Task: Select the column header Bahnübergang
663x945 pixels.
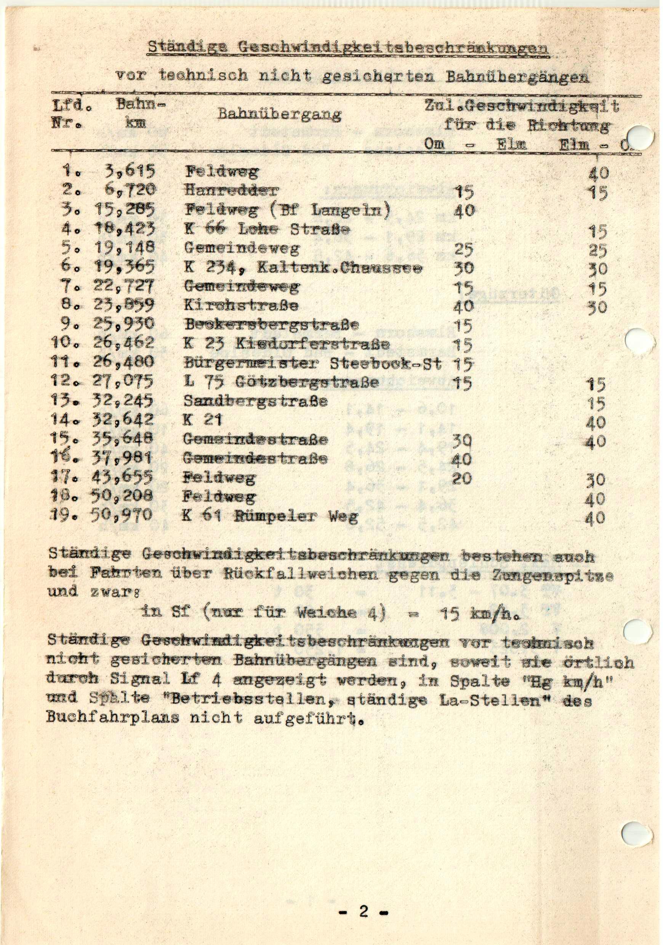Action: pos(279,114)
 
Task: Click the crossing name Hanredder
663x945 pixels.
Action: pos(231,190)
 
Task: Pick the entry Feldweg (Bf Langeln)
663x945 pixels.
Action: pos(287,210)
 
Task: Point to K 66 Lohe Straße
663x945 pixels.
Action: pos(267,229)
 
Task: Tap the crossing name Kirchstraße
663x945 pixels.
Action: pos(241,305)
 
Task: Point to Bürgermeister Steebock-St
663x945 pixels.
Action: pos(313,363)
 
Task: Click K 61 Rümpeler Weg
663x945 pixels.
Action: pos(270,516)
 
